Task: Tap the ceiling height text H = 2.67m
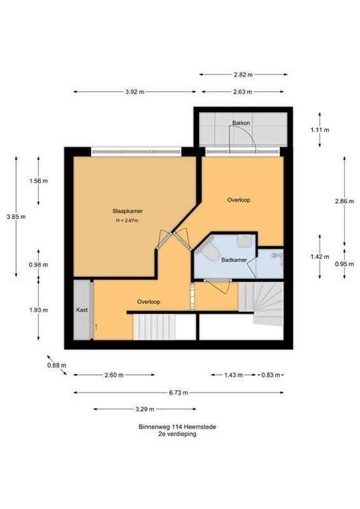click(x=127, y=221)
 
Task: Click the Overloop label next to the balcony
click(x=239, y=200)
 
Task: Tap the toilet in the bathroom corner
click(x=207, y=253)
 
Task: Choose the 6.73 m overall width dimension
click(x=179, y=393)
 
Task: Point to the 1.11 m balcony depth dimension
click(x=319, y=130)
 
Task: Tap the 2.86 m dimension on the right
click(x=342, y=202)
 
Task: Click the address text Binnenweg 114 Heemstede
click(x=177, y=427)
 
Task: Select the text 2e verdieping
click(x=177, y=434)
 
